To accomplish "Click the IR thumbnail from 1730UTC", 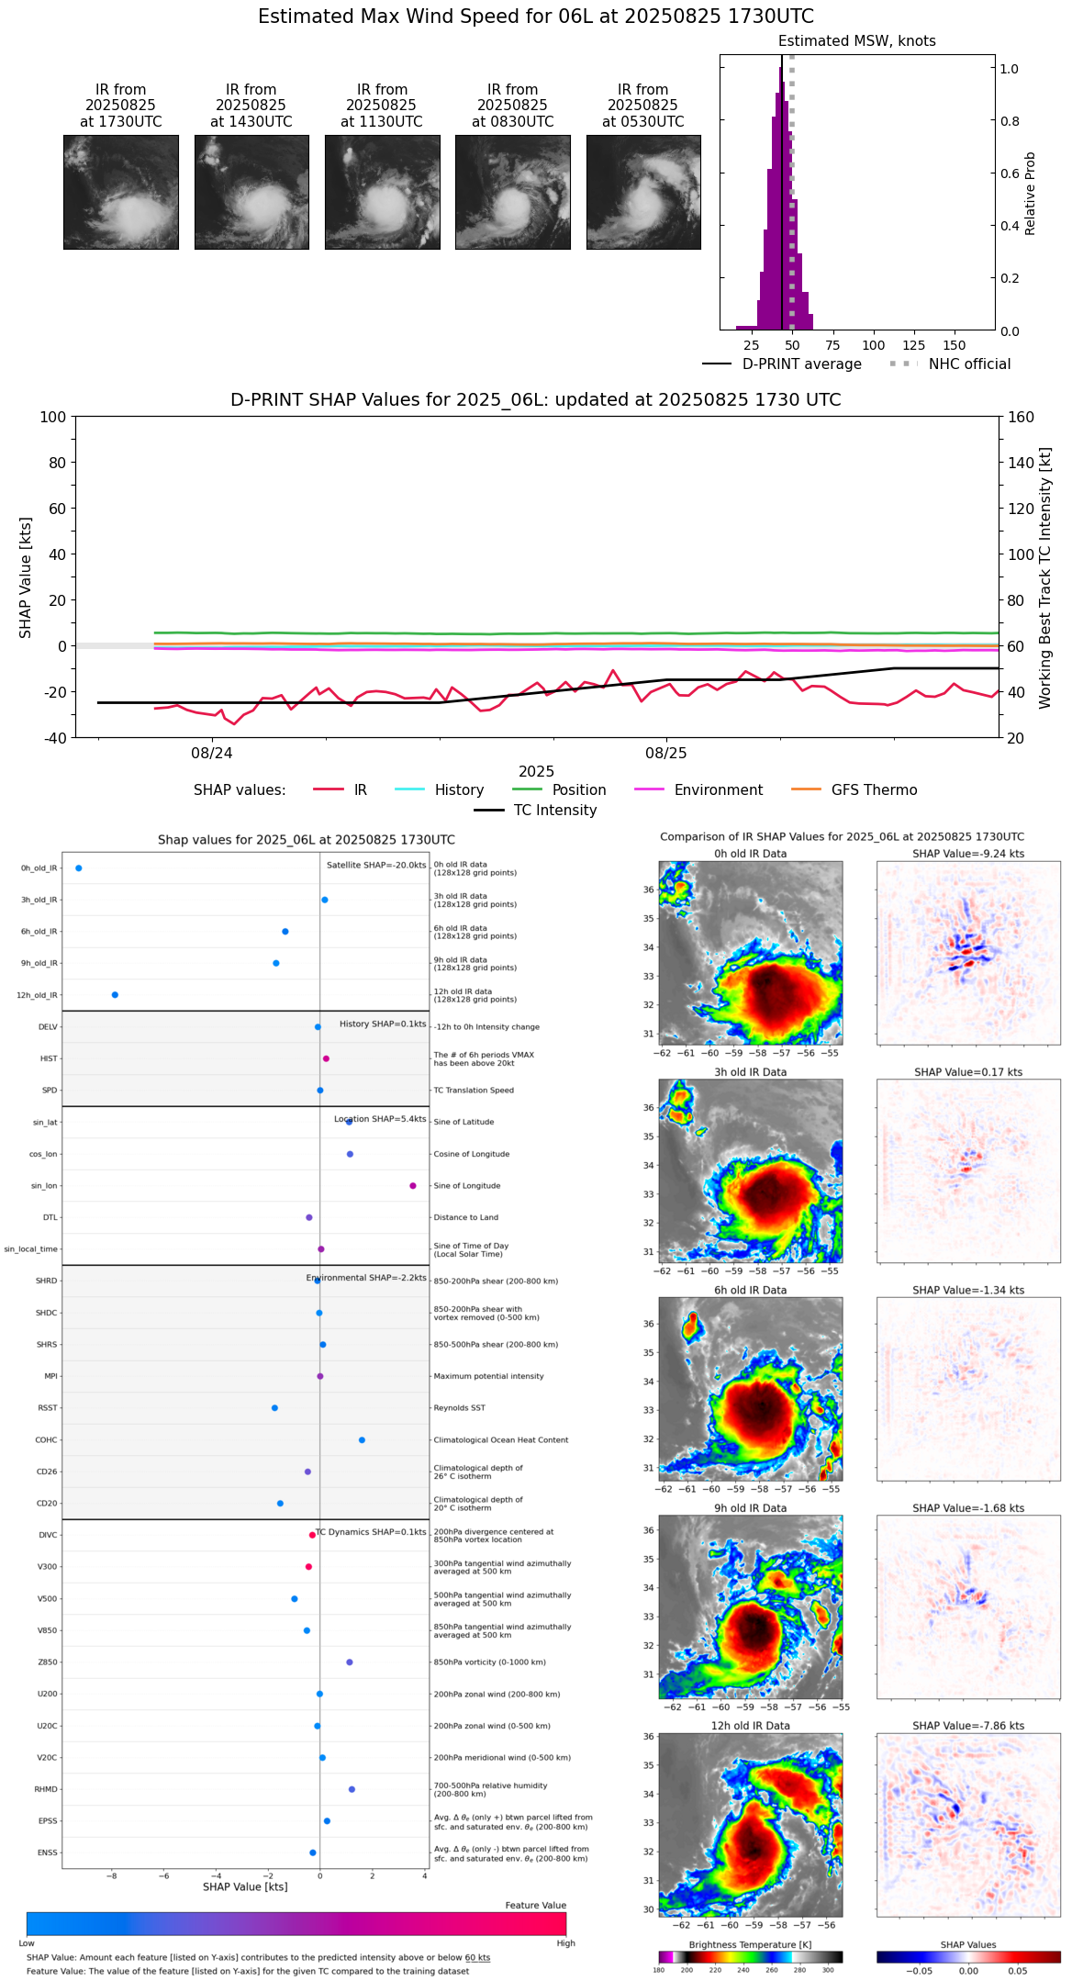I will tap(120, 192).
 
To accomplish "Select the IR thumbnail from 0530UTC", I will tap(643, 192).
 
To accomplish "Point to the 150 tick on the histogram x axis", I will tap(955, 346).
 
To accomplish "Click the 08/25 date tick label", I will tap(666, 754).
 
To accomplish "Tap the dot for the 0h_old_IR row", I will tap(79, 868).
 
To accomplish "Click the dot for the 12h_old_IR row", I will tap(115, 995).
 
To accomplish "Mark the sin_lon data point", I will tap(413, 1186).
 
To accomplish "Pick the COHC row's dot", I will tap(362, 1440).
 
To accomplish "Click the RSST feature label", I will tap(48, 1408).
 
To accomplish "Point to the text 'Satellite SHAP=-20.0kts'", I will tap(376, 865).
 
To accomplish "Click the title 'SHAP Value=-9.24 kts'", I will tap(968, 854).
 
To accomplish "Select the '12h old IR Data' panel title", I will tap(750, 1726).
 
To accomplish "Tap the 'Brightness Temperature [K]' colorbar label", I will tap(750, 1945).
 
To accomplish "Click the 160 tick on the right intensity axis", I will tap(1022, 417).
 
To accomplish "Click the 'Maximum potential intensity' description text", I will tap(488, 1377).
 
